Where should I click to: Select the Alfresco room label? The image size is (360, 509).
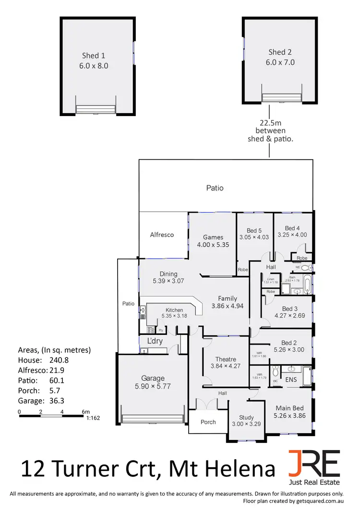(162, 235)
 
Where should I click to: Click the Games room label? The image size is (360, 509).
(213, 237)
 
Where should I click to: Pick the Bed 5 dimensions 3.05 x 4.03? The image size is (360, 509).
(254, 237)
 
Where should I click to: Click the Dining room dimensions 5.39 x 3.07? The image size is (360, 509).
(168, 281)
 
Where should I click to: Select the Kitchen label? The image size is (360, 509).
(174, 310)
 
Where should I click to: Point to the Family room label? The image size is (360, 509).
(228, 298)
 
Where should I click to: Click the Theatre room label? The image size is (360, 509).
(226, 359)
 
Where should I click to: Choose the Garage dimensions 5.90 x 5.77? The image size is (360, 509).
(153, 385)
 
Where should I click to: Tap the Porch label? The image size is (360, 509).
(208, 422)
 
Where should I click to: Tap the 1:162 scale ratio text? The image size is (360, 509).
(93, 418)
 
